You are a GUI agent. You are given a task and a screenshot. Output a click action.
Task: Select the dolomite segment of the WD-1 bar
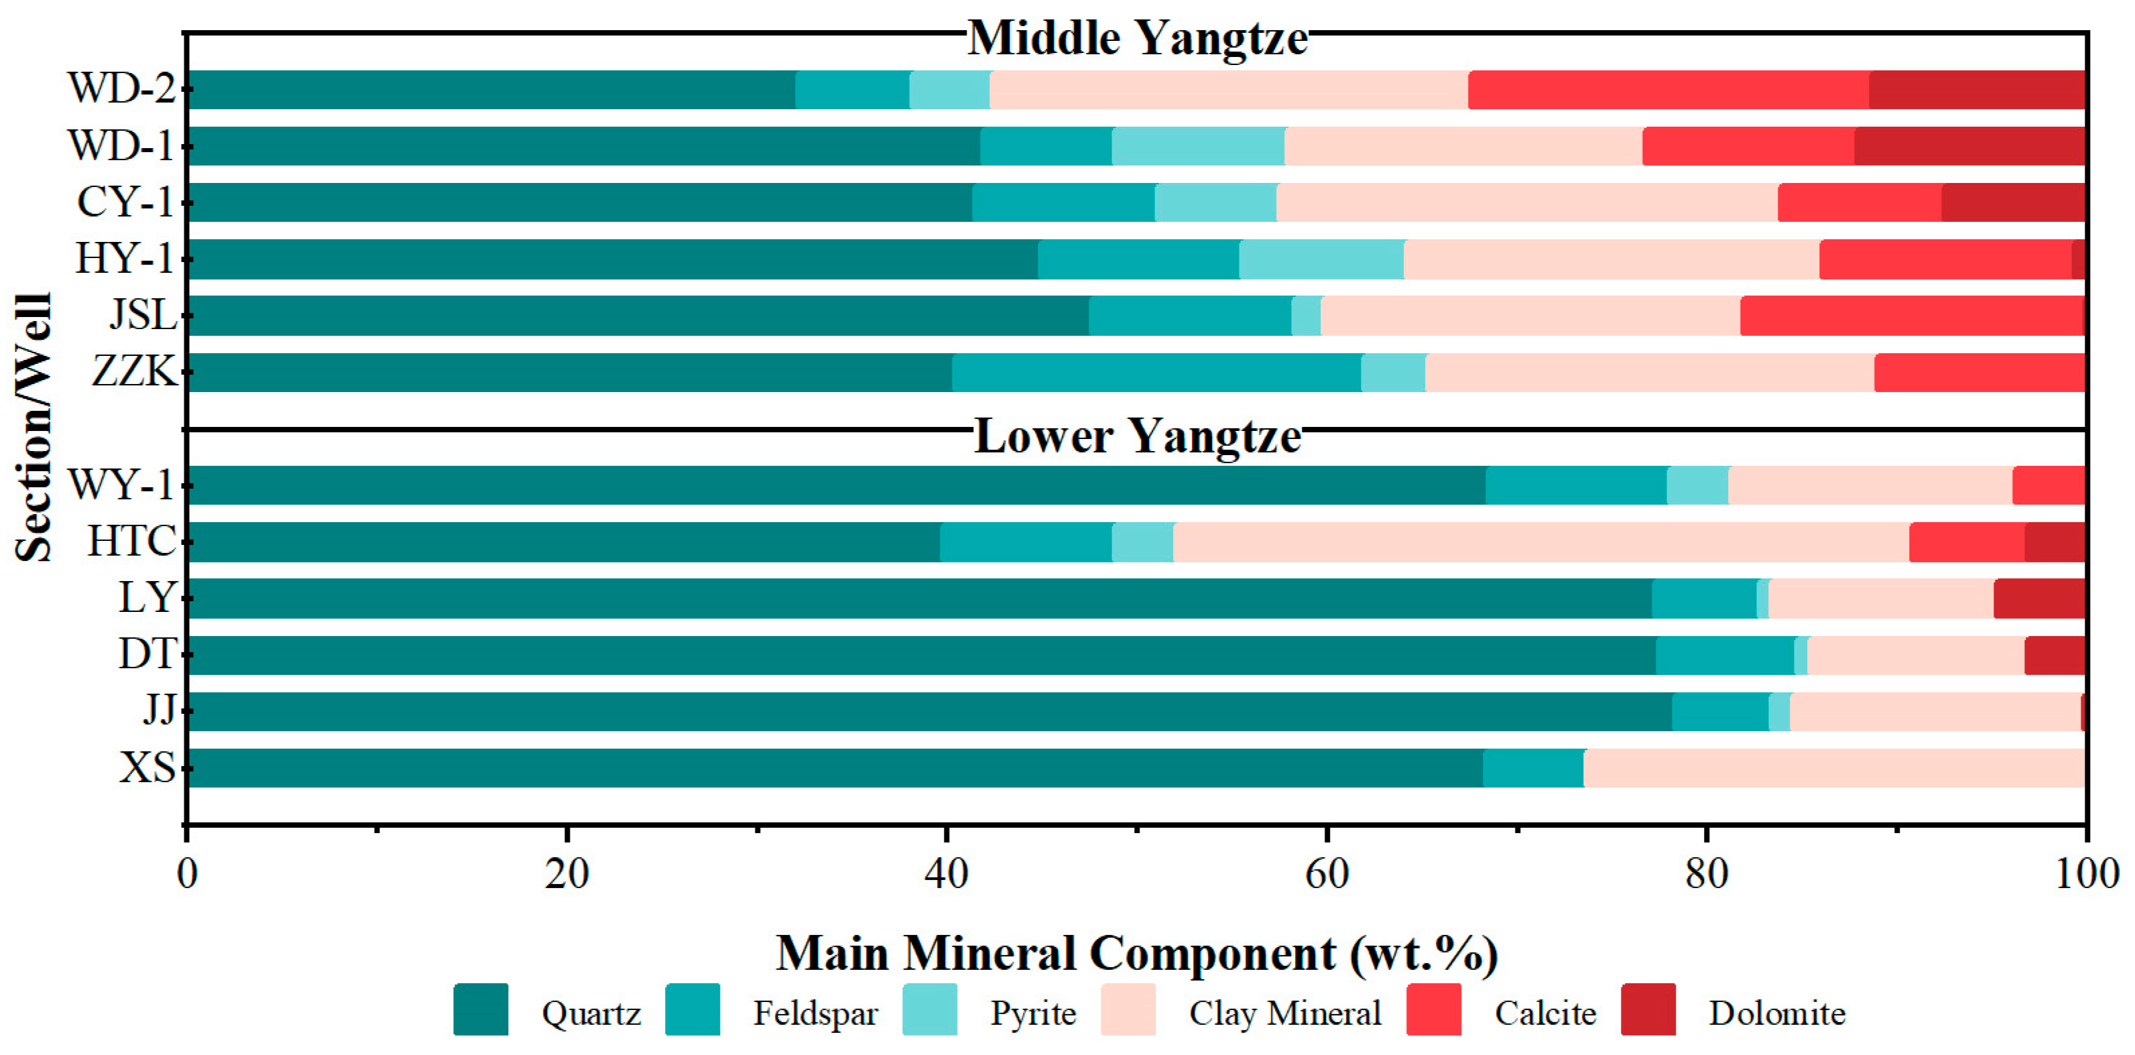tap(1969, 146)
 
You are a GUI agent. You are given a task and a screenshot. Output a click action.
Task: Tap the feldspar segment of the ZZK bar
tap(1156, 372)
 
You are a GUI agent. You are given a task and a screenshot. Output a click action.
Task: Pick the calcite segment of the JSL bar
tap(1912, 316)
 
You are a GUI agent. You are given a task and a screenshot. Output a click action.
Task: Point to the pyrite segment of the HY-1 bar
tap(1321, 259)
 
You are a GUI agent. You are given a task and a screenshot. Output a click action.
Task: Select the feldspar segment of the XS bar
tap(1533, 768)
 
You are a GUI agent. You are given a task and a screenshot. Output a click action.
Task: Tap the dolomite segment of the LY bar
tap(2039, 599)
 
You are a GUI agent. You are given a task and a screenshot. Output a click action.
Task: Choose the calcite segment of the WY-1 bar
tap(2048, 485)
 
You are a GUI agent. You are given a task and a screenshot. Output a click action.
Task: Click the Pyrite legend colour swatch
tap(929, 1009)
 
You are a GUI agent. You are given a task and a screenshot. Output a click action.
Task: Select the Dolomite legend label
tap(1777, 1013)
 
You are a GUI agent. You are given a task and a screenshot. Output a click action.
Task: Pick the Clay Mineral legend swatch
tap(1128, 1009)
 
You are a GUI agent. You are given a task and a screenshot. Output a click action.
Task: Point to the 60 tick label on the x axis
tap(1326, 874)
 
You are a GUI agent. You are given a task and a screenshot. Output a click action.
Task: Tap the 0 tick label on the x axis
tap(187, 874)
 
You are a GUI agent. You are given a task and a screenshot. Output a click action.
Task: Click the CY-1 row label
tap(124, 202)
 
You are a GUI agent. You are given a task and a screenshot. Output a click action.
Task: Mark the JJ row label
tap(158, 711)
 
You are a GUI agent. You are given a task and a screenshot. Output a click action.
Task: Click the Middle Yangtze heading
tap(1137, 38)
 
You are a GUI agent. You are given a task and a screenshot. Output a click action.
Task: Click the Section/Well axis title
tap(35, 427)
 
